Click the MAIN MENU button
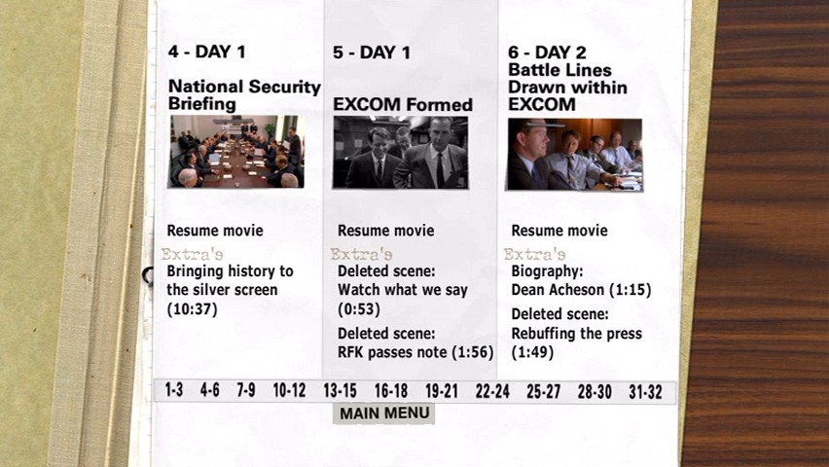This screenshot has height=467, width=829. point(383,413)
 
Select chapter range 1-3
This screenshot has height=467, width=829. point(174,390)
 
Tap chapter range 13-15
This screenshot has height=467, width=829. point(340,391)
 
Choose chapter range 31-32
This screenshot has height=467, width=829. point(645,392)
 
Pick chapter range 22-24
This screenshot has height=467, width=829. point(492,391)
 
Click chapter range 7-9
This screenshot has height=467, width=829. point(246,390)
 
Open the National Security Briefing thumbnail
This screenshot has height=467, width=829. point(235,152)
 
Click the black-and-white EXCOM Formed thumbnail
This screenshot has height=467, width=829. point(400,153)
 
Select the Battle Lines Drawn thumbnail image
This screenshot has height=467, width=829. point(575,155)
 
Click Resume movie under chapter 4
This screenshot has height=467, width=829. point(215,231)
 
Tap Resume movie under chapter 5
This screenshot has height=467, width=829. point(386,231)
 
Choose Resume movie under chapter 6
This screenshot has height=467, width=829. point(559,231)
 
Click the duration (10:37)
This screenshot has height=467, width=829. point(192,308)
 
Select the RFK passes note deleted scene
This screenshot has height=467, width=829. point(415,342)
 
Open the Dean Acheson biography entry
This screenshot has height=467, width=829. point(581,280)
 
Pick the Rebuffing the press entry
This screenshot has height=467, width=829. point(576,333)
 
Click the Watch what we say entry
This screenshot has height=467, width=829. point(403,290)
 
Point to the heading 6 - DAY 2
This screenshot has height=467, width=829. point(547,53)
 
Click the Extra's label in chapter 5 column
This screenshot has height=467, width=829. point(362,254)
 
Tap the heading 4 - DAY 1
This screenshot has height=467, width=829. point(206,52)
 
